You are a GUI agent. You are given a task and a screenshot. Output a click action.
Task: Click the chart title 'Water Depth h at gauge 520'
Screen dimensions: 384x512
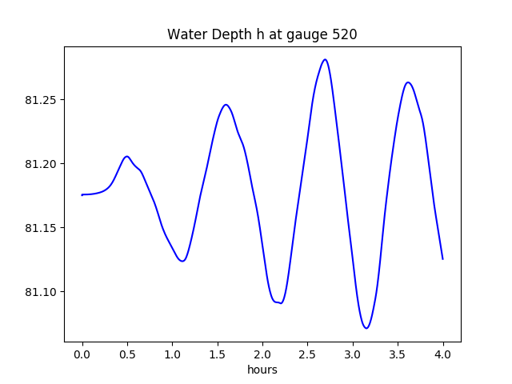coord(262,35)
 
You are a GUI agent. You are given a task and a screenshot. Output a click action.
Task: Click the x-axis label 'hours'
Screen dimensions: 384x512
coord(262,370)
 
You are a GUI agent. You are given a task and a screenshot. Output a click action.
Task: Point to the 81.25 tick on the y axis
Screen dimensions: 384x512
coord(43,100)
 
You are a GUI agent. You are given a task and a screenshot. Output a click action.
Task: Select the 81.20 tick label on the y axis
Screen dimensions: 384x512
coord(43,164)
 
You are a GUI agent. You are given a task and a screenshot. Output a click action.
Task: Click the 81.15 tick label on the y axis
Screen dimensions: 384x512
coord(43,228)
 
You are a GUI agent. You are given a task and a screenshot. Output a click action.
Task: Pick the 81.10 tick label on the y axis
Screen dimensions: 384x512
coord(43,292)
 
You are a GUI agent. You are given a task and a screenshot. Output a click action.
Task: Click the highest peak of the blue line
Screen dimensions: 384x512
coord(325,59)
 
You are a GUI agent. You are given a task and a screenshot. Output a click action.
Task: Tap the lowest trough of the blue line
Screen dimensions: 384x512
coord(366,328)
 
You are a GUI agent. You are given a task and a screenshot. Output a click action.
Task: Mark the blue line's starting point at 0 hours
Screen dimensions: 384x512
coord(82,194)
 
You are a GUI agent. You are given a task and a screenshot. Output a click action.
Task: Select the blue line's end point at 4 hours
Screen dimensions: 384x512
coord(442,258)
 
